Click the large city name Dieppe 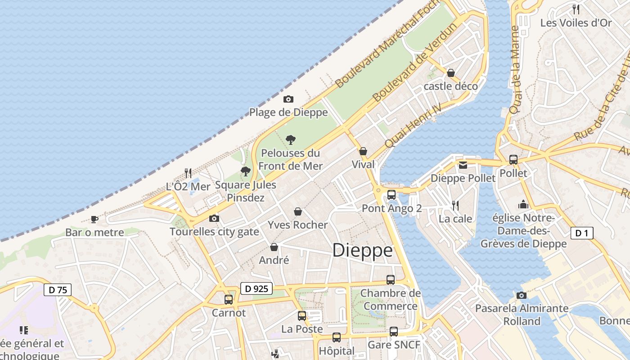tap(362, 251)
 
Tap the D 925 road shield tap(256, 289)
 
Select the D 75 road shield tap(58, 290)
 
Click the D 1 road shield tap(582, 233)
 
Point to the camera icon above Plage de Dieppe tap(288, 99)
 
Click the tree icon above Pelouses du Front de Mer tap(291, 139)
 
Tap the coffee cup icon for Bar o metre tap(94, 219)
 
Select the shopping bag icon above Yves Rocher tap(297, 211)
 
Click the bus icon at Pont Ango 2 tap(391, 195)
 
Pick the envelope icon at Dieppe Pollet tap(463, 165)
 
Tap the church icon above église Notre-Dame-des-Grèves tap(523, 205)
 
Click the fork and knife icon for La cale tap(455, 206)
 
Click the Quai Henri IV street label tap(411, 130)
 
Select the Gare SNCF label tap(394, 345)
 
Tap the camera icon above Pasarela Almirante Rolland tap(522, 295)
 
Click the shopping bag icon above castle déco tap(450, 73)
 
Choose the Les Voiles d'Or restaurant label tap(576, 22)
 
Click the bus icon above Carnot tap(229, 299)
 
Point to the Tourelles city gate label tap(214, 232)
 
